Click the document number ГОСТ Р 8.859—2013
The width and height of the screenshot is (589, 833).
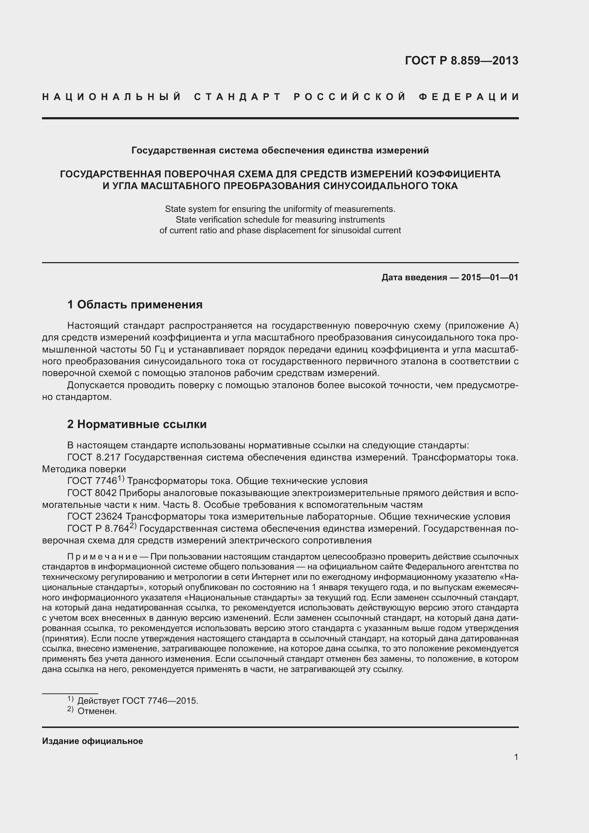461,61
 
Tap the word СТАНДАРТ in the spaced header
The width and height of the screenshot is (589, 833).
238,97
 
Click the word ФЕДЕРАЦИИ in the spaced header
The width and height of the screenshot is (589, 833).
469,97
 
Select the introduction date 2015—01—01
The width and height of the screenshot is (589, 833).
489,277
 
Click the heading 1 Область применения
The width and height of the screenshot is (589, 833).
135,304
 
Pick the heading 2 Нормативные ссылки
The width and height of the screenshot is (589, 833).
137,424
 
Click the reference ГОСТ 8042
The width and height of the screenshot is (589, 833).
92,493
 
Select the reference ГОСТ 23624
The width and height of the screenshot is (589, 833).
95,517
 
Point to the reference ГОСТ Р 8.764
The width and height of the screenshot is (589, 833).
98,529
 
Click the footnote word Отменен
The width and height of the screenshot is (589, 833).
97,712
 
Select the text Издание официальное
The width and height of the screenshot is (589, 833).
93,741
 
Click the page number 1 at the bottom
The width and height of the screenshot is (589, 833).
516,757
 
